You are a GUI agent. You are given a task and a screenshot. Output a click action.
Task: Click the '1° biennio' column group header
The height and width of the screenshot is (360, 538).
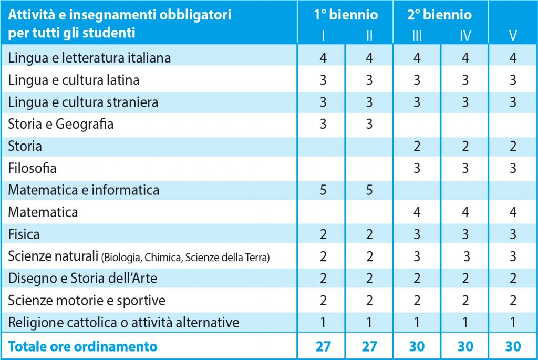[346, 15]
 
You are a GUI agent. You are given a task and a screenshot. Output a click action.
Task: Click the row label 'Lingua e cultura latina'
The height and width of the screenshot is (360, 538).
[74, 80]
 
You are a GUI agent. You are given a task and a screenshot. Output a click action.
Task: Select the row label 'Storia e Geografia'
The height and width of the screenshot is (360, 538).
[61, 125]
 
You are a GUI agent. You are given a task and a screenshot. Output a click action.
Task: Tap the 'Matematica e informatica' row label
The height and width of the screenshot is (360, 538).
[84, 189]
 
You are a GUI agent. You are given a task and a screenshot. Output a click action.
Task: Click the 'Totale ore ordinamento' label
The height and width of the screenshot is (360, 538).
[82, 347]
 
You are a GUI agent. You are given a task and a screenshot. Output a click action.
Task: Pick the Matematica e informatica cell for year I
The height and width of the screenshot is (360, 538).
[323, 189]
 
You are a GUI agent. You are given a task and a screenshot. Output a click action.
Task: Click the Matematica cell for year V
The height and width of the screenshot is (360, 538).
[513, 212]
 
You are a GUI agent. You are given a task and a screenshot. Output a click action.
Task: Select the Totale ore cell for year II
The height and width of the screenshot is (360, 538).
[369, 347]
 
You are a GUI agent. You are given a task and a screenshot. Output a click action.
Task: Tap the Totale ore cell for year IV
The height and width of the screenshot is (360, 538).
[465, 347]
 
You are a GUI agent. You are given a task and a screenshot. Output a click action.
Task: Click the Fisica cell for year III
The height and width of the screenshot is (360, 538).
[417, 234]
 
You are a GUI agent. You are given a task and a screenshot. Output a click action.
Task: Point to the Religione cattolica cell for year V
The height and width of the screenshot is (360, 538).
[513, 322]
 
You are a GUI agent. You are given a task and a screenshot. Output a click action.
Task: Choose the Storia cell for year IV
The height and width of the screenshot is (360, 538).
[465, 146]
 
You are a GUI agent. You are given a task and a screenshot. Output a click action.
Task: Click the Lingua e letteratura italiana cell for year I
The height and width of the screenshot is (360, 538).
[323, 58]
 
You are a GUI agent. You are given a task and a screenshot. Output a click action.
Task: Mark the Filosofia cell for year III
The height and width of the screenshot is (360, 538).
[417, 169]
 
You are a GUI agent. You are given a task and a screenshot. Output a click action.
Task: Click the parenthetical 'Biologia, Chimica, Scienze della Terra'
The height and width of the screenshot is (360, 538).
[187, 258]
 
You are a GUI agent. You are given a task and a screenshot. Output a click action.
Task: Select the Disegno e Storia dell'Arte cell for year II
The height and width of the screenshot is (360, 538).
[369, 278]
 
